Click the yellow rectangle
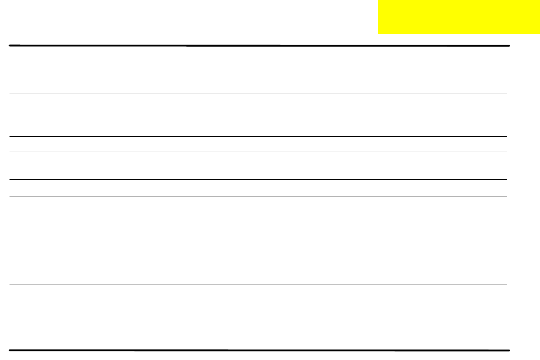459,17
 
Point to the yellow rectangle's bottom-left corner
378,34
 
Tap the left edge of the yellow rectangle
378,17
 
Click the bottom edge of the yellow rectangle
459,34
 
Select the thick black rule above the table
259,46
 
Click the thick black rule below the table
259,350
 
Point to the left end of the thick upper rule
9,46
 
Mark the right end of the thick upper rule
510,46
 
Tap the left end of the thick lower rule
9,350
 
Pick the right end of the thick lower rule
510,350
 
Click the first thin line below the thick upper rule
259,94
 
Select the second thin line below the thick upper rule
259,136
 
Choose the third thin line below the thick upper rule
259,152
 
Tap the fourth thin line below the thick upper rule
259,180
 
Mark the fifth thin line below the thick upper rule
259,196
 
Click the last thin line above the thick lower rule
259,284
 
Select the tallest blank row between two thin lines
259,240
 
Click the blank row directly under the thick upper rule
259,70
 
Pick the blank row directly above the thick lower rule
259,317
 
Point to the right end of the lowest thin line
506,284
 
